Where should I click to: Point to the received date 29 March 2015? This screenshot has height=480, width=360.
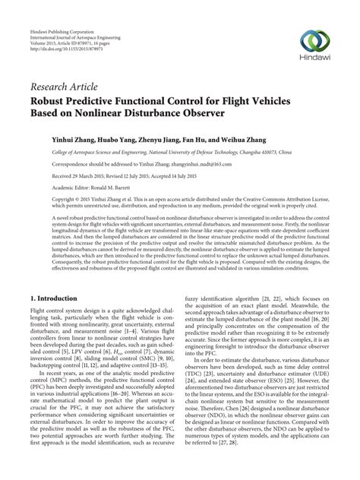click(x=69, y=175)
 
